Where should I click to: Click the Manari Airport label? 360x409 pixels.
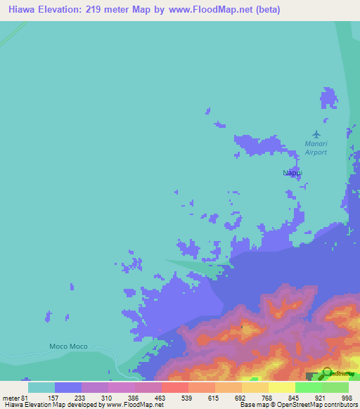coord(316,148)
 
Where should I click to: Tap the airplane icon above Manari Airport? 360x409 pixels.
coord(316,134)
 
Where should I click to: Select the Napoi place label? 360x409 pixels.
coord(292,172)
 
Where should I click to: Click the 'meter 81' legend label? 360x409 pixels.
coord(15,397)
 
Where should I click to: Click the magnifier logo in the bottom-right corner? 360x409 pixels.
coord(326,374)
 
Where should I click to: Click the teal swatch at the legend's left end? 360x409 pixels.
coord(41,387)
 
